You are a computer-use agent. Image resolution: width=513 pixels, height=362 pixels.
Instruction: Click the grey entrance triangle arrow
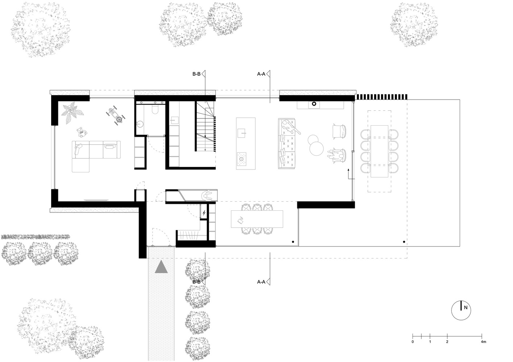click(161, 267)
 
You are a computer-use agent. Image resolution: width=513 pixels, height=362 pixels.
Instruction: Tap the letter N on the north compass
click(466, 308)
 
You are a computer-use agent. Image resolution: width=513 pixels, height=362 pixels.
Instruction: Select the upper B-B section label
click(196, 74)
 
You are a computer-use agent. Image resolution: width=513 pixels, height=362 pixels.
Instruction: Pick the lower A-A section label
click(261, 282)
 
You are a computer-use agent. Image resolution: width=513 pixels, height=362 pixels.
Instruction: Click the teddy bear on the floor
click(82, 132)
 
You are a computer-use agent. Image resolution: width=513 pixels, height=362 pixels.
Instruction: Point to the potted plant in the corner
click(72, 113)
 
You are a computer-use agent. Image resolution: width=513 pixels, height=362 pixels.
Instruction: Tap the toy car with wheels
click(116, 116)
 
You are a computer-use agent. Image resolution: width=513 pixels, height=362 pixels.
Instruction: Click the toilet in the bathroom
click(155, 109)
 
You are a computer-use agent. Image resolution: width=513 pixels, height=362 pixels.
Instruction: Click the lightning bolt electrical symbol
click(204, 213)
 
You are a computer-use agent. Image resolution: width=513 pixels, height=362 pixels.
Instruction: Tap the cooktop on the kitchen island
click(241, 159)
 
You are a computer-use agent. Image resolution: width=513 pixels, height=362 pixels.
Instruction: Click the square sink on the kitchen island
click(241, 133)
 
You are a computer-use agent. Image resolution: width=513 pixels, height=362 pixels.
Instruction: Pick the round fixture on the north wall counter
click(314, 104)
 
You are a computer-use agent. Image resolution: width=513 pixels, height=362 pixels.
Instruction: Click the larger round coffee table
click(317, 149)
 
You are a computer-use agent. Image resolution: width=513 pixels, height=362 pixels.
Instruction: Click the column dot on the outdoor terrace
click(404, 242)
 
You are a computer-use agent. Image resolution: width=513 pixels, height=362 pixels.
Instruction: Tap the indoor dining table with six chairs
click(257, 219)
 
